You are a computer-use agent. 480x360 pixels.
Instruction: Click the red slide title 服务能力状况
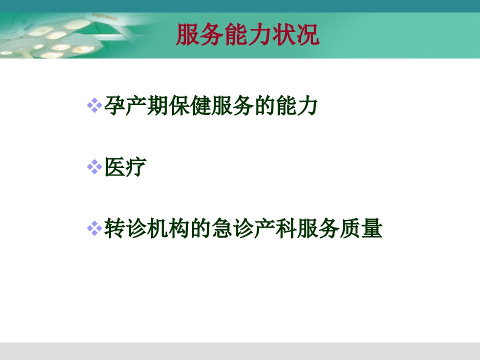[247, 34]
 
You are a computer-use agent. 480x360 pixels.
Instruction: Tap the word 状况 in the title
[295, 34]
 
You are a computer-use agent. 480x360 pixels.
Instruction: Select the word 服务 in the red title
[199, 34]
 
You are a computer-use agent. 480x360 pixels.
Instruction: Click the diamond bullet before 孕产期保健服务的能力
[94, 105]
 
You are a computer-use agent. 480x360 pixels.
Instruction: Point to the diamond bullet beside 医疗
[94, 167]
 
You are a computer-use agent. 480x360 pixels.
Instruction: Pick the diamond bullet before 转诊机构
[94, 228]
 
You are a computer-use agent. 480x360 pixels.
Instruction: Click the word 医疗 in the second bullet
[125, 167]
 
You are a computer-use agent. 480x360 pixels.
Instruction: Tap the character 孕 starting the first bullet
[115, 105]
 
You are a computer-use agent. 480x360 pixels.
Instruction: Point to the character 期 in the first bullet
[157, 105]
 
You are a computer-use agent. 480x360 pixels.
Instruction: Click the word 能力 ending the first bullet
[296, 105]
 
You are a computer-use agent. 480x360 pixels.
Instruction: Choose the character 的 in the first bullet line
[265, 105]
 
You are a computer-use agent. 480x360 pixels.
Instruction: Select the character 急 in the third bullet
[222, 228]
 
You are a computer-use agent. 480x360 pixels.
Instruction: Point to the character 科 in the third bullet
[286, 228]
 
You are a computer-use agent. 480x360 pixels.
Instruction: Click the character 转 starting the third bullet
[115, 228]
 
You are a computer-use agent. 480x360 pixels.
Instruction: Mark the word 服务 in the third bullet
[318, 228]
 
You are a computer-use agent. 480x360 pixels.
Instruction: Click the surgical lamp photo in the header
[61, 35]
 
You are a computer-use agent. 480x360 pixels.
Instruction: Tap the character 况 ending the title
[308, 34]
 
